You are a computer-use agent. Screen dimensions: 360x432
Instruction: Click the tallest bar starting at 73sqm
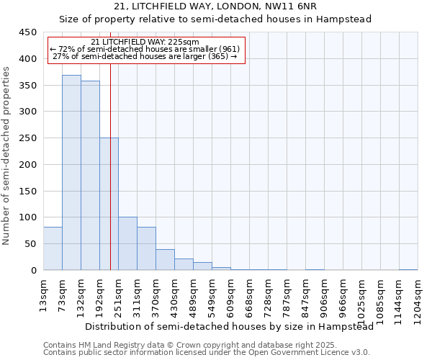click(x=71, y=173)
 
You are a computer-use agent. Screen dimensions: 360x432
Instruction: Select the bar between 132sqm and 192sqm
click(x=90, y=176)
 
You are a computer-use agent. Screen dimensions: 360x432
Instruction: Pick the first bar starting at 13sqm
click(x=53, y=248)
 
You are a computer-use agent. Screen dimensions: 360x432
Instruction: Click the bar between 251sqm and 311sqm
click(x=127, y=243)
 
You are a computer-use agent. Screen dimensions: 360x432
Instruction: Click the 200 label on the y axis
click(x=27, y=165)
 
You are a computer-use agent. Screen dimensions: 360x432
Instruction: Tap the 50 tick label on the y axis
click(x=30, y=244)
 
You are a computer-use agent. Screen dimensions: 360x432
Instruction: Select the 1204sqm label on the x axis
click(x=418, y=300)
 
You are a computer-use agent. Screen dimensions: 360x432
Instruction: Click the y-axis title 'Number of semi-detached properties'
click(x=6, y=156)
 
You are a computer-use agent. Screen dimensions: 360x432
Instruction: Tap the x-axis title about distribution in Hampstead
click(x=234, y=327)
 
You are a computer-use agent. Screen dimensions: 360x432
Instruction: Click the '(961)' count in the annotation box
click(x=227, y=49)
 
